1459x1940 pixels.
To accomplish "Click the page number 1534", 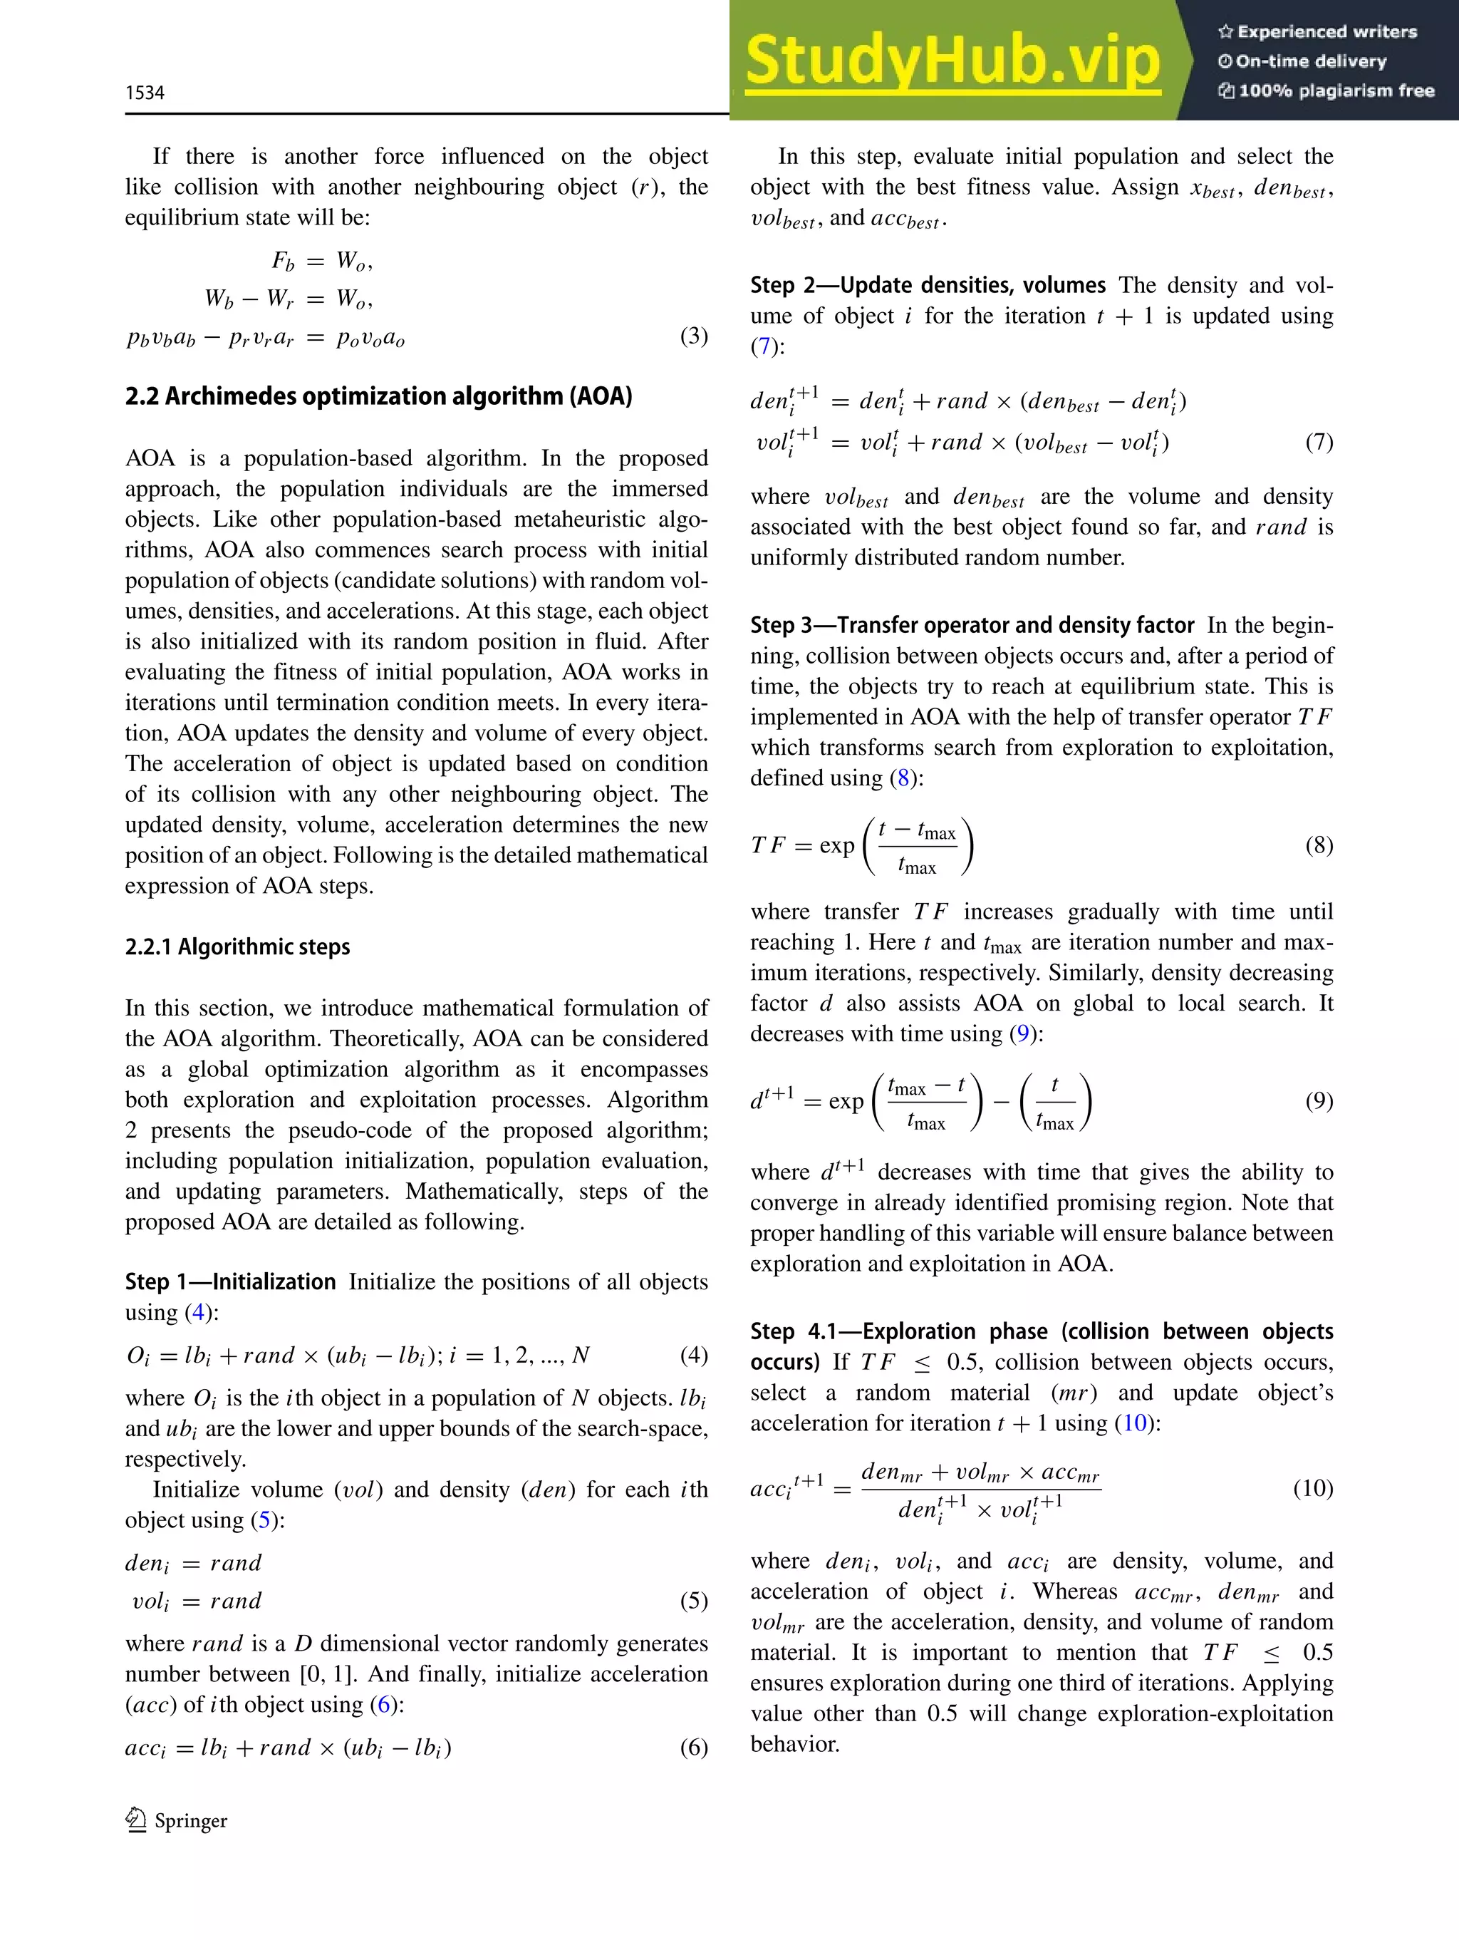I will pyautogui.click(x=145, y=93).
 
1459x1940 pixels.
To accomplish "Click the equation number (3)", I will pyautogui.click(x=694, y=336).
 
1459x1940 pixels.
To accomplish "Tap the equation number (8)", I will pyautogui.click(x=1319, y=845).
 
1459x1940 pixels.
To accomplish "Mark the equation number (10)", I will pyautogui.click(x=1312, y=1487).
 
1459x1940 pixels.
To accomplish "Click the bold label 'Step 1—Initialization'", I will pyautogui.click(x=229, y=1281).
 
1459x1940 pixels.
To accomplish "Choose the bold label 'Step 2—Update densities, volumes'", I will pyautogui.click(x=928, y=285).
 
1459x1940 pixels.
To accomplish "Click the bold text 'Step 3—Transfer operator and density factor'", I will pyautogui.click(x=972, y=625).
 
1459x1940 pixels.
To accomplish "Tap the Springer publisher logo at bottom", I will pyautogui.click(x=176, y=1821).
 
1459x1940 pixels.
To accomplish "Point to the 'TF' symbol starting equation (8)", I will pyautogui.click(x=767, y=845).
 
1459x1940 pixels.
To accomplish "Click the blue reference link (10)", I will pyautogui.click(x=1135, y=1423).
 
